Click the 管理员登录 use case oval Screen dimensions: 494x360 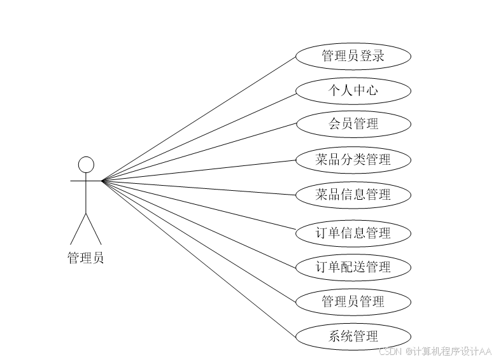[353, 56]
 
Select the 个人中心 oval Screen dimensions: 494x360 [353, 90]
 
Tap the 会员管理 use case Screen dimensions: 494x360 [353, 124]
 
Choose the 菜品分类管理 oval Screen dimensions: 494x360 [353, 160]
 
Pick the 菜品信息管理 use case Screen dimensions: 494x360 [353, 195]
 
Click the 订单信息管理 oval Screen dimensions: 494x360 [353, 233]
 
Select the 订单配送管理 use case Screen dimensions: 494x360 [353, 267]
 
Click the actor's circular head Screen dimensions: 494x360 [86, 165]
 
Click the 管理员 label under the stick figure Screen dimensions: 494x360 [86, 258]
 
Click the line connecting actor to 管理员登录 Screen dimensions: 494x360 [199, 119]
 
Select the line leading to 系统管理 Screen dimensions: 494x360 [199, 259]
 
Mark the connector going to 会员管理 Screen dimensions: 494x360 [199, 152]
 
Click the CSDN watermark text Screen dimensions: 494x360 [435, 351]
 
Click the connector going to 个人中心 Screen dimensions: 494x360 [199, 135]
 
